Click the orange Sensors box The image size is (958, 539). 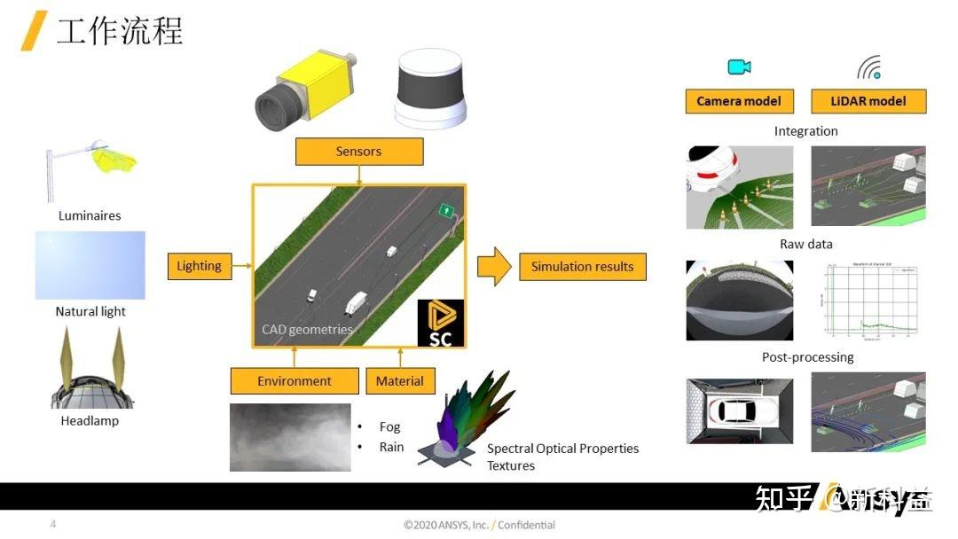(x=358, y=152)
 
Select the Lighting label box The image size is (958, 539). (x=199, y=266)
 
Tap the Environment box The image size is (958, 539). (x=294, y=381)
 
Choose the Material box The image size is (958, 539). (x=399, y=381)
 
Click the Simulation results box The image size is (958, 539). (x=582, y=266)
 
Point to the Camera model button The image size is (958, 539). (x=739, y=101)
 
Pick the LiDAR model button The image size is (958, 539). (x=868, y=101)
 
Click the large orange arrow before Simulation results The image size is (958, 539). (x=494, y=266)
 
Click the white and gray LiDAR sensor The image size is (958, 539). (x=430, y=89)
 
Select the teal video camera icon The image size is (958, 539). (x=739, y=67)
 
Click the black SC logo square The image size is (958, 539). (x=440, y=323)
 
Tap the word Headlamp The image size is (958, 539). (x=90, y=420)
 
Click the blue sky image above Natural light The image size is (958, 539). (x=90, y=266)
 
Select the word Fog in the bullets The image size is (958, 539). (x=390, y=427)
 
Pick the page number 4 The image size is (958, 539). (x=53, y=524)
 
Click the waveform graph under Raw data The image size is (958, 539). (x=868, y=301)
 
